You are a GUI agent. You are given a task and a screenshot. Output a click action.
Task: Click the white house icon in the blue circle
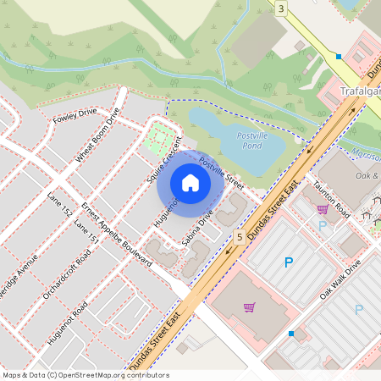pos(190,183)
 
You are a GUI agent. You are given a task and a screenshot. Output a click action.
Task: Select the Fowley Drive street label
pos(75,115)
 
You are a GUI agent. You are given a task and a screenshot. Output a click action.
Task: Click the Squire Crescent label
pos(164,162)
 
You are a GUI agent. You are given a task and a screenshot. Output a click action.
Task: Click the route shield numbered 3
pos(280,8)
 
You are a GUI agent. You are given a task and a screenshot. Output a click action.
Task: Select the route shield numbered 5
pos(240,238)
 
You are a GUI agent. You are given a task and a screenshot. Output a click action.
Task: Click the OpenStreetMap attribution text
pos(86,374)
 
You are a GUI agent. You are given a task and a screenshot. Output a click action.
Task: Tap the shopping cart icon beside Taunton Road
pos(323,208)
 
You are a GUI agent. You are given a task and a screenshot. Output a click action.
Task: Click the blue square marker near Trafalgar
pos(339,57)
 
